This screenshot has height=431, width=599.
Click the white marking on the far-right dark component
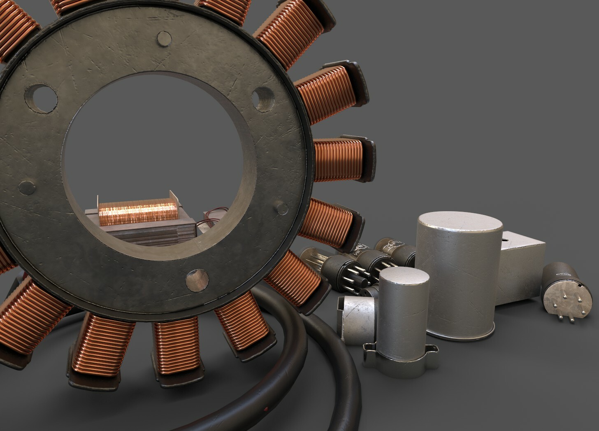coord(561,273)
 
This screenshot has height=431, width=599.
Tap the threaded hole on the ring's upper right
coord(261,99)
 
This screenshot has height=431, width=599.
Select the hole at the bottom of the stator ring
coord(197,281)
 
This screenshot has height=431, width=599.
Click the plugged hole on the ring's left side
coord(27,187)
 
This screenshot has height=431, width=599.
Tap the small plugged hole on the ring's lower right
coord(282,207)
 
